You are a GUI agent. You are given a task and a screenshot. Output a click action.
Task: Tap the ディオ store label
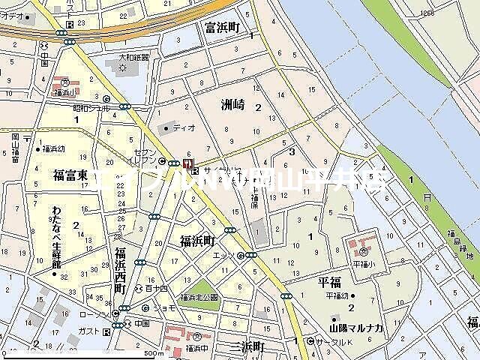184,128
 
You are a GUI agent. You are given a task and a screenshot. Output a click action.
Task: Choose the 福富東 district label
70,175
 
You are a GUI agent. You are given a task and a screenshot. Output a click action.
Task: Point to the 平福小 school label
363,264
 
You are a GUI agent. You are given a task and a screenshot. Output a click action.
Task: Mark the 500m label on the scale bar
154,353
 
